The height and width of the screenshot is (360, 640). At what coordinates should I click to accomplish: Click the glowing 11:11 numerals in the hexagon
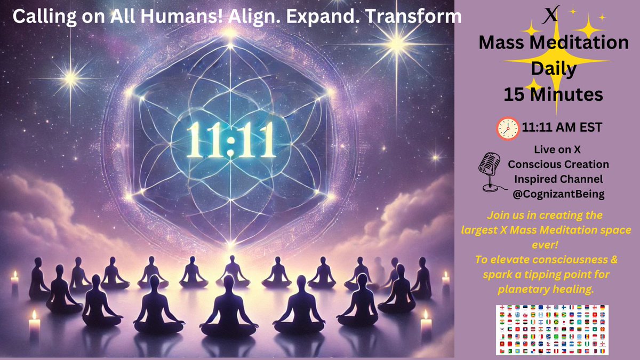(230, 140)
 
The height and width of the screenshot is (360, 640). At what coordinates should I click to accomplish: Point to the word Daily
(553, 69)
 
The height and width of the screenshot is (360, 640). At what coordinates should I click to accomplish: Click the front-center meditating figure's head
(229, 282)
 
